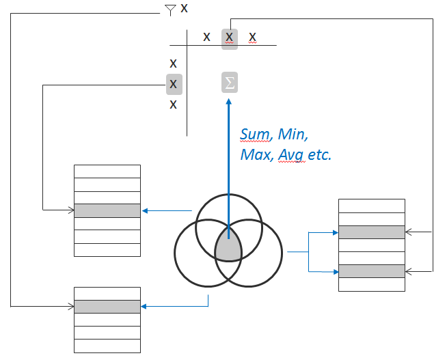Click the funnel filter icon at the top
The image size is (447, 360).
pyautogui.click(x=170, y=10)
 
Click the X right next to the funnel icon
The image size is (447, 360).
pyautogui.click(x=185, y=8)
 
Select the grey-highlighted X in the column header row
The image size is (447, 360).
pyautogui.click(x=230, y=38)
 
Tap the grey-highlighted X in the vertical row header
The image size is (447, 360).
pyautogui.click(x=174, y=84)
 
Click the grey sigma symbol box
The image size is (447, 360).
pyautogui.click(x=230, y=83)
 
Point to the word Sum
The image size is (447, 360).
pyautogui.click(x=255, y=135)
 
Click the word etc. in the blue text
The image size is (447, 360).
pyautogui.click(x=319, y=154)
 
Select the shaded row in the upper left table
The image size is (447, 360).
pyautogui.click(x=107, y=210)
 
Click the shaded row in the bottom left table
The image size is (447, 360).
pyautogui.click(x=107, y=307)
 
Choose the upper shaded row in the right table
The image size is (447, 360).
pyautogui.click(x=372, y=232)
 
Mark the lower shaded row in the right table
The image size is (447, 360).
pyautogui.click(x=372, y=271)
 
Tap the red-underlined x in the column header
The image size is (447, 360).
pyautogui.click(x=252, y=37)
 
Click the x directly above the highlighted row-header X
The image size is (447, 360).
pyautogui.click(x=174, y=64)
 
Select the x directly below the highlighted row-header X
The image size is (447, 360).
pyautogui.click(x=174, y=105)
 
